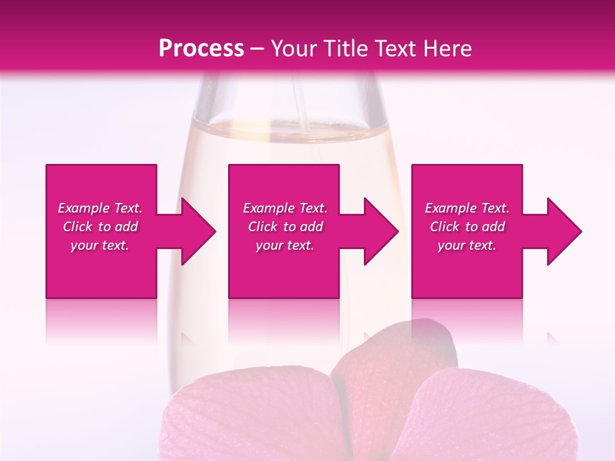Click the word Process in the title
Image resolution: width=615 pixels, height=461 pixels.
201,49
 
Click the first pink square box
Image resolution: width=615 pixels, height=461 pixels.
101,269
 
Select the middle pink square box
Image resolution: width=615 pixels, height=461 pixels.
284,269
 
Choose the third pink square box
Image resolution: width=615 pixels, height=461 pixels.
466,269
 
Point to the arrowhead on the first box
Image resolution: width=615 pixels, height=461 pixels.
199,231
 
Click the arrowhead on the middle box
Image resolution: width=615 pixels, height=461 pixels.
381,231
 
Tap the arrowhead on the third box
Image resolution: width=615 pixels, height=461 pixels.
564,231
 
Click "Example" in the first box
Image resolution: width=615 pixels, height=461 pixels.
84,208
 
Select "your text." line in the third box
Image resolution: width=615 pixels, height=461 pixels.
467,245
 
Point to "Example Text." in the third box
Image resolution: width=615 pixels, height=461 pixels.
467,208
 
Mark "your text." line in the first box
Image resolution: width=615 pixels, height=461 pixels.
100,245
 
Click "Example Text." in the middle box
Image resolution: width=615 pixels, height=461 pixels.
285,208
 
